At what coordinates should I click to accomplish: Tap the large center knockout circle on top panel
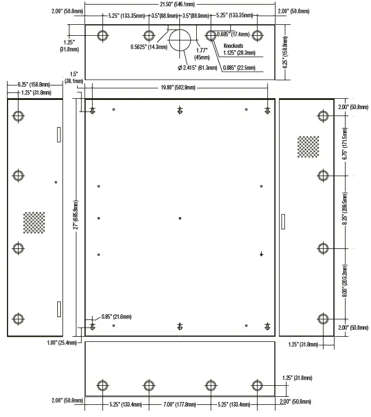[181, 39]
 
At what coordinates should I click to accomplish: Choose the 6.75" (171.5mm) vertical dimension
[346, 149]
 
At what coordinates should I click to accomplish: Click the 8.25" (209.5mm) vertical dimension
[346, 211]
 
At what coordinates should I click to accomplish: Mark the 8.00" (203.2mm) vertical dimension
[346, 283]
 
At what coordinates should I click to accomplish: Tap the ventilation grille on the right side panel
[308, 147]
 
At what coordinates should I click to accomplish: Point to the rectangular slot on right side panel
[283, 222]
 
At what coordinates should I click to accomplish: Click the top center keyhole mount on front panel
[180, 111]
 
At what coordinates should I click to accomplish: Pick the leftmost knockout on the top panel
[102, 36]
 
